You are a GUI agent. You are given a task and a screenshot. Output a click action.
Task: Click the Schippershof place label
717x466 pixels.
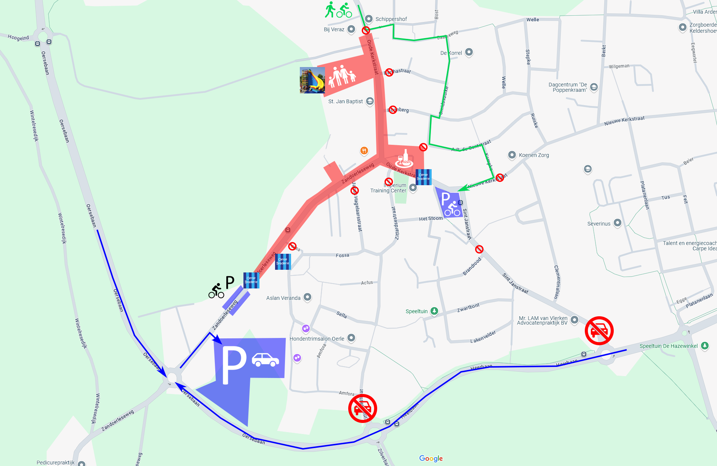tap(391, 19)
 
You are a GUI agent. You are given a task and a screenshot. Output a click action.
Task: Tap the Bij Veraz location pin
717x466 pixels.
tap(351, 29)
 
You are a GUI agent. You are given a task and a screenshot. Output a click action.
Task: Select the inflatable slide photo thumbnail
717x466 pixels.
tap(312, 80)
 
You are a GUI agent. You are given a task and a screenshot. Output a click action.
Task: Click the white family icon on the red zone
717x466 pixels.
tap(342, 75)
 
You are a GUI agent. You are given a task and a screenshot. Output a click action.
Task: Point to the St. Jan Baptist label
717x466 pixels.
tap(345, 101)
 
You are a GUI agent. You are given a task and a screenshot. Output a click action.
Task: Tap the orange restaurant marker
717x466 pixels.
tap(364, 151)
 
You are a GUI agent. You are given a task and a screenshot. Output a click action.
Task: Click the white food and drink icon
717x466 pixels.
tap(404, 159)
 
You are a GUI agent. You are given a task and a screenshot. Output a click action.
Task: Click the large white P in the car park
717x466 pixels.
tap(234, 365)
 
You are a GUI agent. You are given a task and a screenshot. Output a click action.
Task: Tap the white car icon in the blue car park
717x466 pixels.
tap(266, 360)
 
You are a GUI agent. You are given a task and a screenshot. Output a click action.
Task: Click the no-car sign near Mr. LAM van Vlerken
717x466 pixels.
tap(599, 330)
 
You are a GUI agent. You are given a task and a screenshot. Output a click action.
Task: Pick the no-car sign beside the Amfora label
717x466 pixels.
tap(362, 408)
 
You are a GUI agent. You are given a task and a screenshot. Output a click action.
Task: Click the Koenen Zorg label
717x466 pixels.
tap(533, 155)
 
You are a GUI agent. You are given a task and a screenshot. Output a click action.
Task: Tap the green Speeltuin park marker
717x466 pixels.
tap(434, 311)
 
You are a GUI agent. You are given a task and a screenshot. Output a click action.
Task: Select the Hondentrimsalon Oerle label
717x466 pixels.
tap(317, 339)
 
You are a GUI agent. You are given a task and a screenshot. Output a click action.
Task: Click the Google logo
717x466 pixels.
tap(431, 458)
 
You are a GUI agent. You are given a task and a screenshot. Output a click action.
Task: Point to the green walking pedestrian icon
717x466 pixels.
tap(330, 10)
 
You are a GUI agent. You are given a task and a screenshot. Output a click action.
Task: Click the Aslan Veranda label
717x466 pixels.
tap(283, 298)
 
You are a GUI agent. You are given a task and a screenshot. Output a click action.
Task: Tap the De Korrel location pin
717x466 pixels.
tap(469, 52)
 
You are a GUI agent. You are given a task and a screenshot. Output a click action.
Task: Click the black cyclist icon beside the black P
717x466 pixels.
tap(216, 291)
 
